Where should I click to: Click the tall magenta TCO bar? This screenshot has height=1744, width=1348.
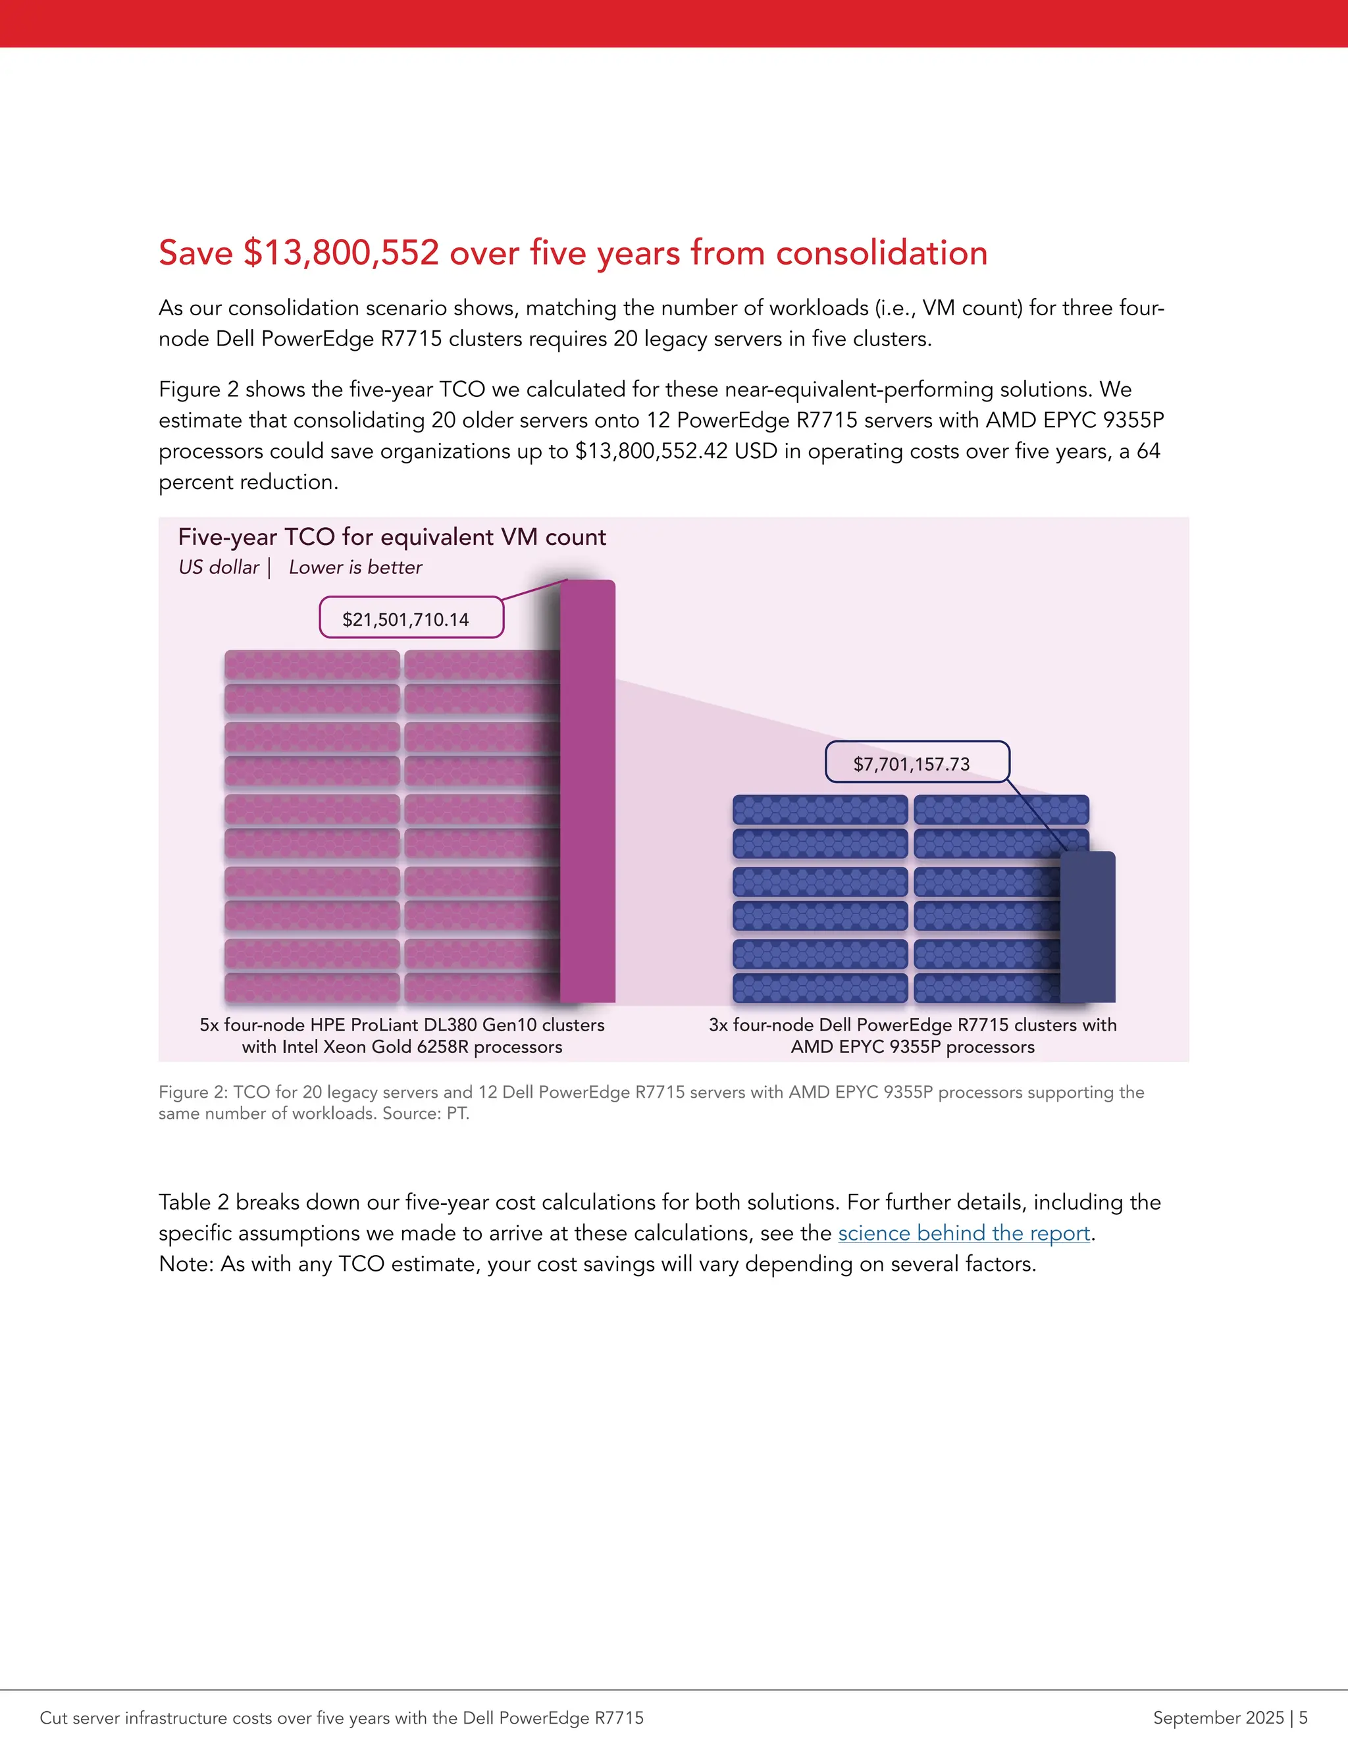click(x=588, y=790)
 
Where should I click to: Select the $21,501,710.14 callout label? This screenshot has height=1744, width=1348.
click(x=405, y=619)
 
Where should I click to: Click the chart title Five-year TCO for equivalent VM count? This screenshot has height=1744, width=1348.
click(x=392, y=536)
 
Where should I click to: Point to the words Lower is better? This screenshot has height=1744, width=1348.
click(x=355, y=567)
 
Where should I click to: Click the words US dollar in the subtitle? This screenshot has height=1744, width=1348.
click(x=219, y=567)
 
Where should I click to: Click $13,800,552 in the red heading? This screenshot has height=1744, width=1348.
click(x=341, y=252)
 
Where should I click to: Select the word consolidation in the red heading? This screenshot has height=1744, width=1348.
click(x=881, y=252)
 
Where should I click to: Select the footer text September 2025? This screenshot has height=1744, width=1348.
click(x=1218, y=1718)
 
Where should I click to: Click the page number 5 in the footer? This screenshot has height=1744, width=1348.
click(x=1303, y=1718)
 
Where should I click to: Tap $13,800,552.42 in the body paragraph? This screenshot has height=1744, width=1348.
click(x=652, y=451)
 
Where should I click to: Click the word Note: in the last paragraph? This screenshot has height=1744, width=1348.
click(x=185, y=1264)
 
